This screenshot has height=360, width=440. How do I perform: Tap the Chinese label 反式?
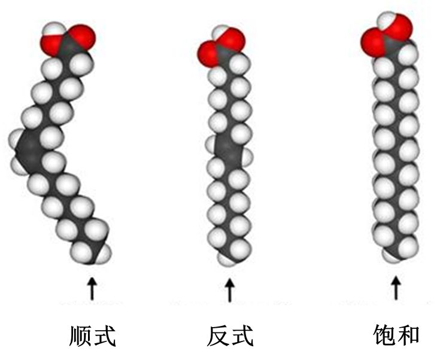pos(230,335)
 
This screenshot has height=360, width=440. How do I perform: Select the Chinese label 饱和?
pos(396,335)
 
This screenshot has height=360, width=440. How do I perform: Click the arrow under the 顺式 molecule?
pos(92,288)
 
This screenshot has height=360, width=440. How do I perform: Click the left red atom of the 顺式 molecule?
pos(50,43)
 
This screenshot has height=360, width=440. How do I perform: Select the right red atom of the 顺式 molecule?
pos(83,37)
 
